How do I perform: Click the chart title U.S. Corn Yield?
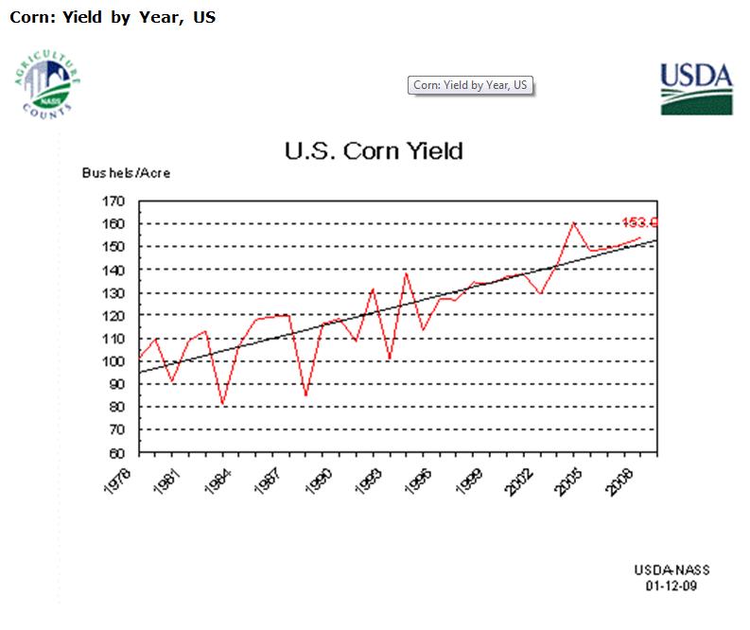pyautogui.click(x=374, y=150)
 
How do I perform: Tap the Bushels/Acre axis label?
pyautogui.click(x=126, y=174)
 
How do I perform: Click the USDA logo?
pyautogui.click(x=695, y=88)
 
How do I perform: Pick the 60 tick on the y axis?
pyautogui.click(x=116, y=452)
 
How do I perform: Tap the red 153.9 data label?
pyautogui.click(x=640, y=222)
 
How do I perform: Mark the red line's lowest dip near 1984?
pyautogui.click(x=223, y=405)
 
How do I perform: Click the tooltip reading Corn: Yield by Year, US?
pyautogui.click(x=470, y=86)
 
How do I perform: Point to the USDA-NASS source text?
pyautogui.click(x=672, y=570)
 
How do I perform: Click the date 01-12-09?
pyautogui.click(x=672, y=586)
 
